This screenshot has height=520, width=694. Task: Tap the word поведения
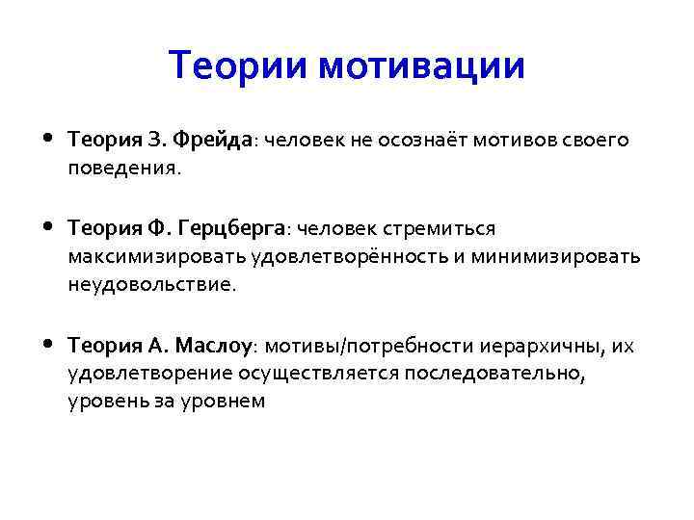pos(122,168)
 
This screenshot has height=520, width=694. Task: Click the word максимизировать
pos(157,257)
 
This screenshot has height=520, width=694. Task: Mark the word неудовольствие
pos(149,284)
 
